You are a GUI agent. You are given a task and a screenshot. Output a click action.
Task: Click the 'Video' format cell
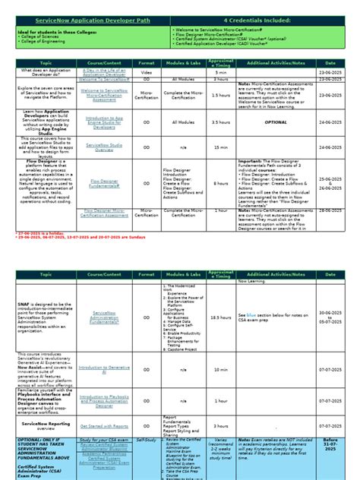[147, 71]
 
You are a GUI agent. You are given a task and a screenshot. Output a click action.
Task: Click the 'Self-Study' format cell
[147, 440]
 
